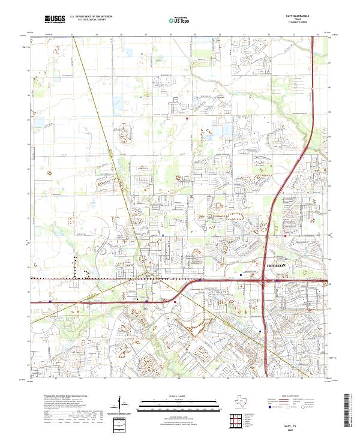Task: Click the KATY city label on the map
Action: coord(131,263)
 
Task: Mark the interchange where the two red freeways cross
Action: coord(264,281)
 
